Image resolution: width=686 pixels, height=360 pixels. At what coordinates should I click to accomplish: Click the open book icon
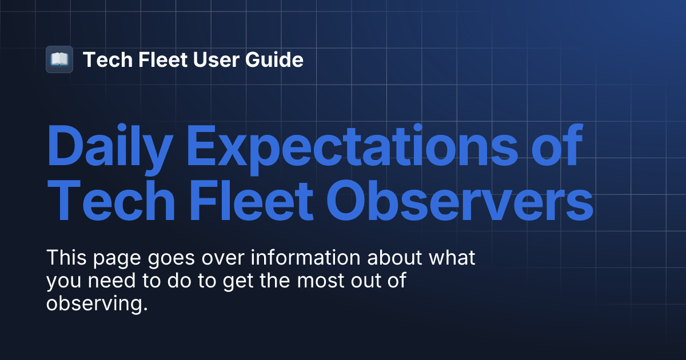[x=59, y=59]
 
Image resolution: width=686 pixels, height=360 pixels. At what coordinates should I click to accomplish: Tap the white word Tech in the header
[x=105, y=59]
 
